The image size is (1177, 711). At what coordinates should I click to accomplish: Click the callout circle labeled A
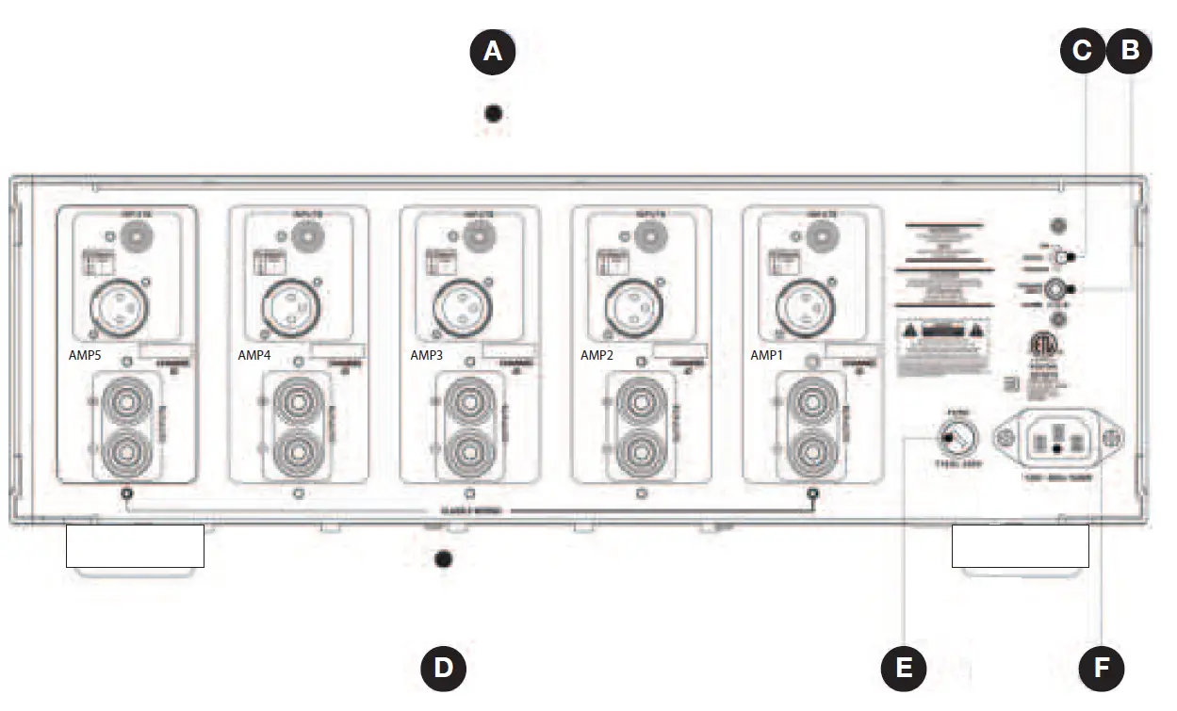[x=493, y=52]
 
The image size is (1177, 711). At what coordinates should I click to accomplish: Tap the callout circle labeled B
[x=1129, y=50]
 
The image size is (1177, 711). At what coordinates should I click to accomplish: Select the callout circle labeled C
[x=1083, y=50]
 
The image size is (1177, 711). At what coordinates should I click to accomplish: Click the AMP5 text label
[x=85, y=356]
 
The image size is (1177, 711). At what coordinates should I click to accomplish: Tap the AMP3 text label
[x=428, y=356]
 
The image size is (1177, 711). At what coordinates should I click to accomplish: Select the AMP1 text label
[x=767, y=356]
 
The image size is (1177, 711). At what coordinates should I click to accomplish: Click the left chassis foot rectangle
[x=135, y=546]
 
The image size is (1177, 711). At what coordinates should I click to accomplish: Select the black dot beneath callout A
[x=492, y=115]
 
